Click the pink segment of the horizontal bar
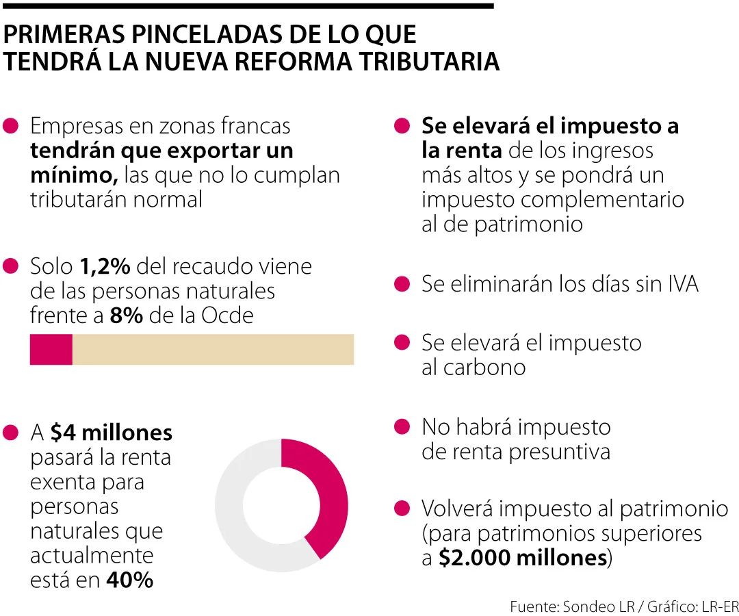pyautogui.click(x=51, y=349)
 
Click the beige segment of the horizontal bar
pyautogui.click(x=213, y=349)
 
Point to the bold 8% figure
pyautogui.click(x=126, y=316)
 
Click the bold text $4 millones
pyautogui.click(x=111, y=433)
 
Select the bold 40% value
pyautogui.click(x=129, y=580)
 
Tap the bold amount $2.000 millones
pyautogui.click(x=523, y=558)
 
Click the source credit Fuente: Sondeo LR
pyautogui.click(x=561, y=606)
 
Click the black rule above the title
pyautogui.click(x=246, y=6)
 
